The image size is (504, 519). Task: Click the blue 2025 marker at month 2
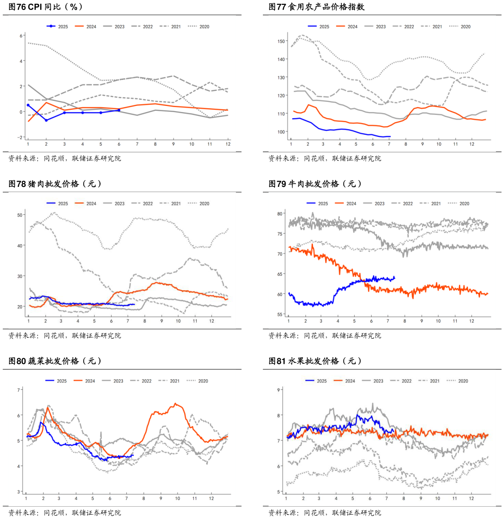coord(46,120)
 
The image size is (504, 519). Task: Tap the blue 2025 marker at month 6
coord(119,110)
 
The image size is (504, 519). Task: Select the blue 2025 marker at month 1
coord(28,105)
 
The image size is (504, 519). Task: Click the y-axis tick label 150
coord(281,41)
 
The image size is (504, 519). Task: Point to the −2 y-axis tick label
coord(20,137)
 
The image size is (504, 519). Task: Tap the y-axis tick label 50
coord(20,215)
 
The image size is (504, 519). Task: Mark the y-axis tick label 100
coord(281,132)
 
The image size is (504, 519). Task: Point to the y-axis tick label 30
coord(20,276)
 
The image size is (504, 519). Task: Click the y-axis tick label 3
coord(19,492)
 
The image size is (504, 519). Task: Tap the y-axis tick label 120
coord(281,96)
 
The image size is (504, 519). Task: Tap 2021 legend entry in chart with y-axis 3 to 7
coord(169,381)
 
